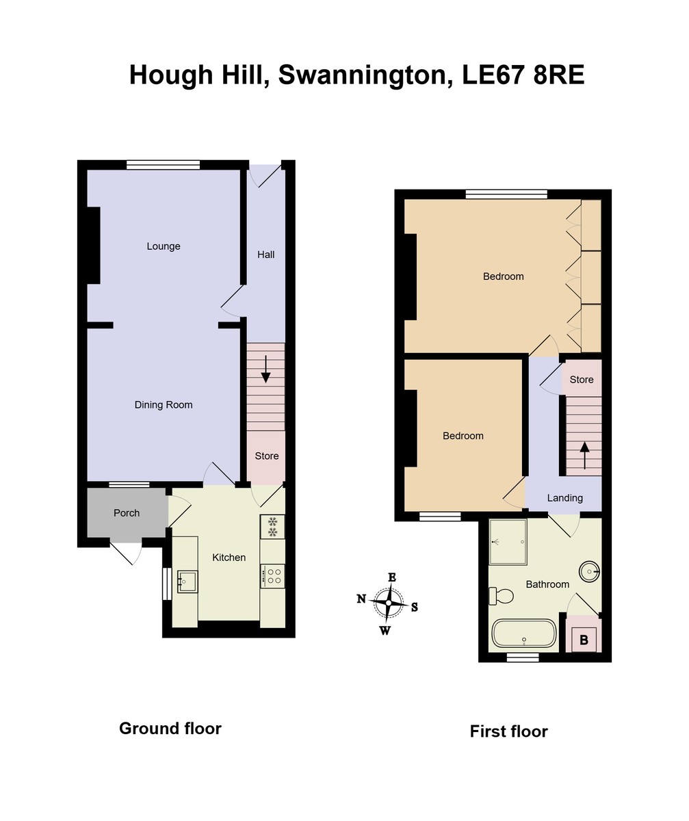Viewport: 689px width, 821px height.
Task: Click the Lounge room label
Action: click(164, 246)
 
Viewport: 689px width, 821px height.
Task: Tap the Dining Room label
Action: click(164, 405)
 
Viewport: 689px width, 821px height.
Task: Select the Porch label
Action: click(127, 513)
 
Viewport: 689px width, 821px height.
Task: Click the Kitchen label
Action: click(229, 558)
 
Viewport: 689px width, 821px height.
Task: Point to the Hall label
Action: click(266, 255)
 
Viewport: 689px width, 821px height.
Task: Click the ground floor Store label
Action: click(267, 456)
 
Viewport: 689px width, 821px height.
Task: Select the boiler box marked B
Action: click(584, 640)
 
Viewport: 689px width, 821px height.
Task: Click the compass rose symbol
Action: click(389, 603)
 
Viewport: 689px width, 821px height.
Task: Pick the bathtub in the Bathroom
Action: click(524, 634)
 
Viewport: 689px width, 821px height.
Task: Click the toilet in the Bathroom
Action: click(502, 596)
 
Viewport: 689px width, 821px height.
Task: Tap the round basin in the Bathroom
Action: click(589, 570)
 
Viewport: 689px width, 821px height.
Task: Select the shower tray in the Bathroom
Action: click(508, 542)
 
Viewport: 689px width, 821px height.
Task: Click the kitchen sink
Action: click(187, 582)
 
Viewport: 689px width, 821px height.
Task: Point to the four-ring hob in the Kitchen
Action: click(273, 576)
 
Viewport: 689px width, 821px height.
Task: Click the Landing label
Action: click(565, 498)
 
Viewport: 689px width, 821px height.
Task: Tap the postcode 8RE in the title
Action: click(559, 75)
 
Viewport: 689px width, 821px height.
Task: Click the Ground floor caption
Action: click(170, 728)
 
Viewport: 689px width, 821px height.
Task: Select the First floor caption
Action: click(508, 731)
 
